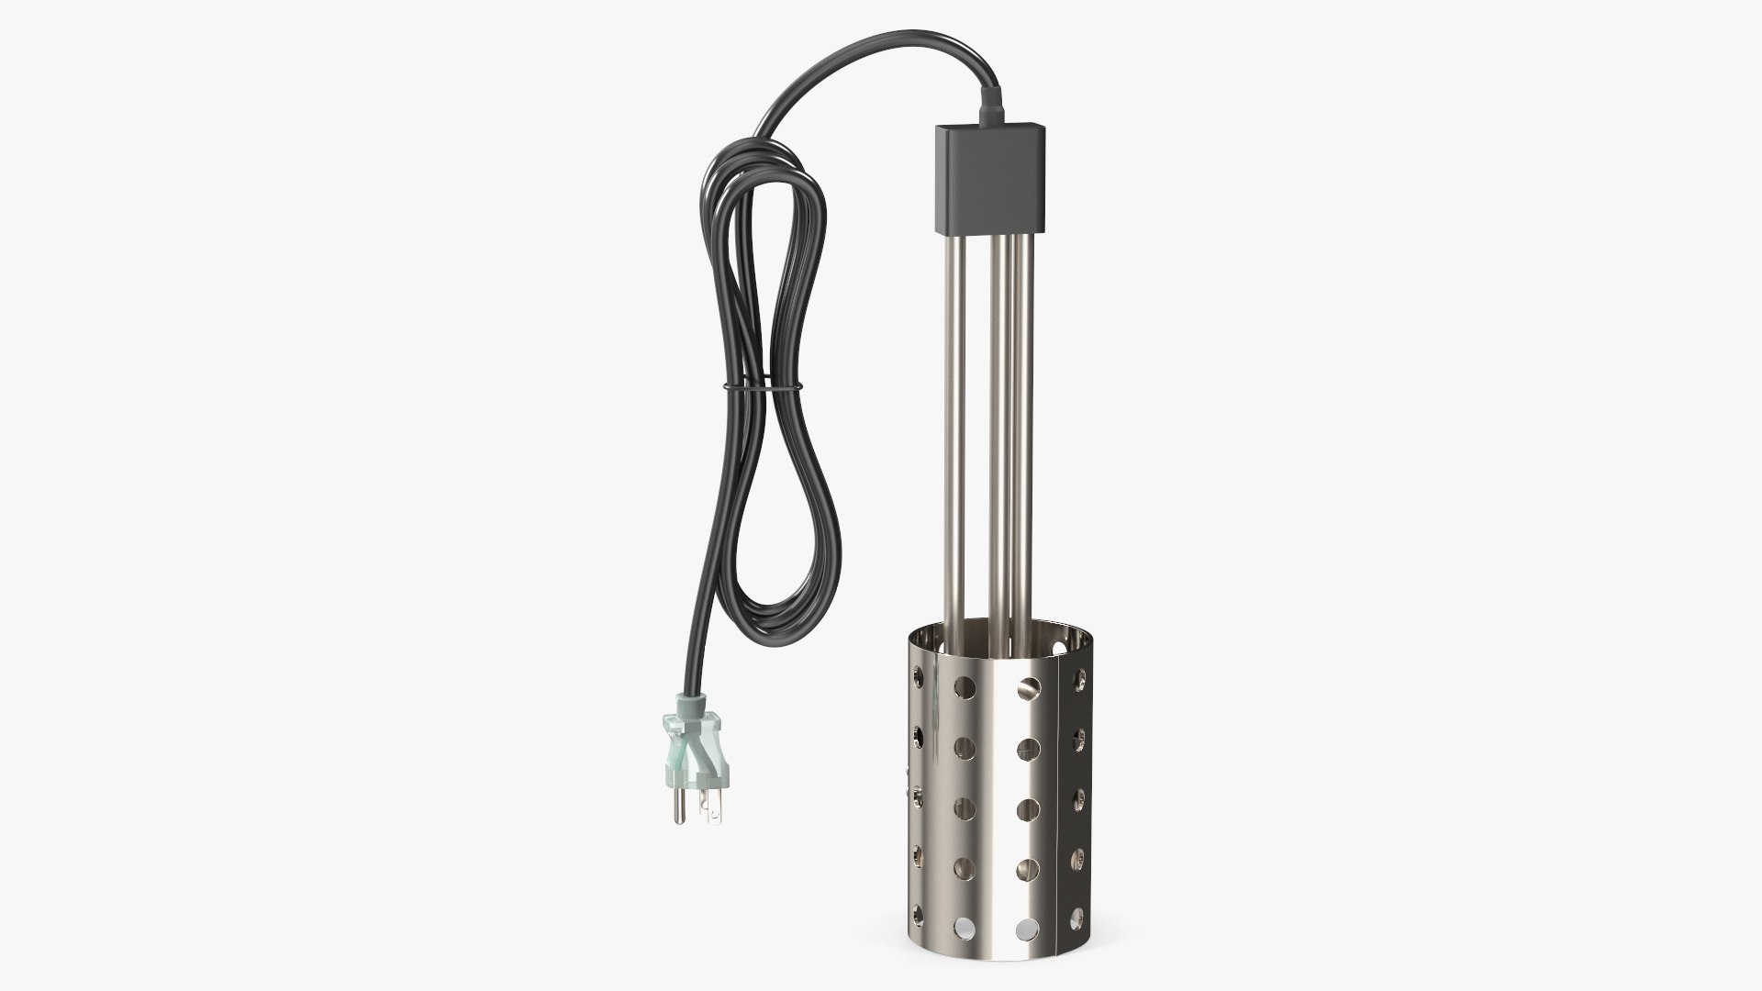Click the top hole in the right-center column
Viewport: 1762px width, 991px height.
(1029, 686)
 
